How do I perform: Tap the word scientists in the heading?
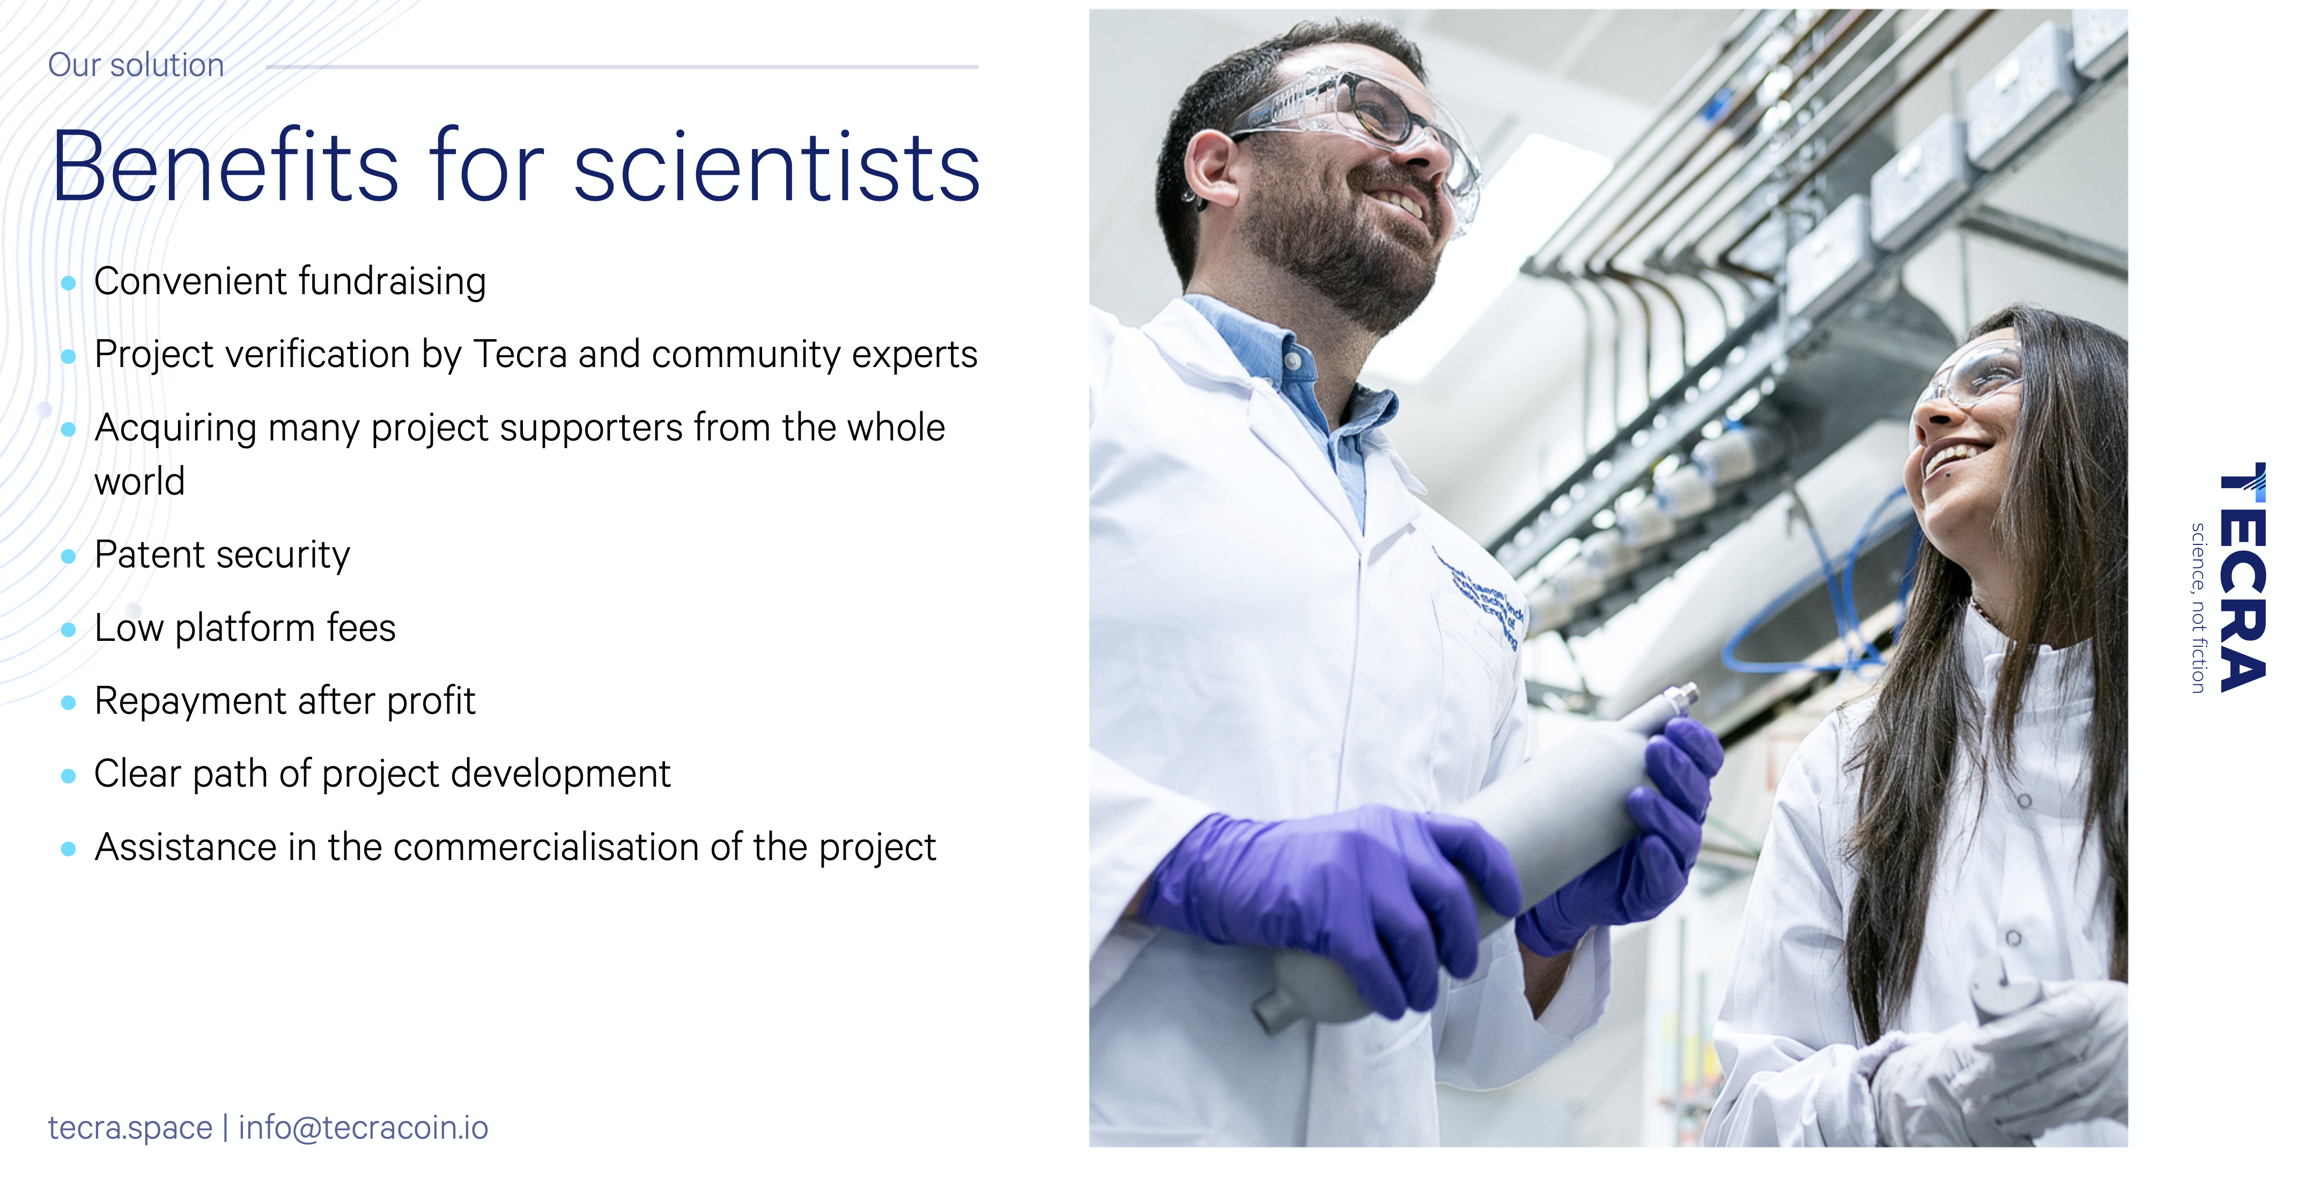click(x=777, y=167)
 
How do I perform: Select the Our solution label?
click(x=136, y=65)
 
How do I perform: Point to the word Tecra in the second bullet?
click(x=521, y=354)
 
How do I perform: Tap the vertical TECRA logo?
click(x=2243, y=577)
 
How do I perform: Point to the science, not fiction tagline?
click(x=2198, y=608)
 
